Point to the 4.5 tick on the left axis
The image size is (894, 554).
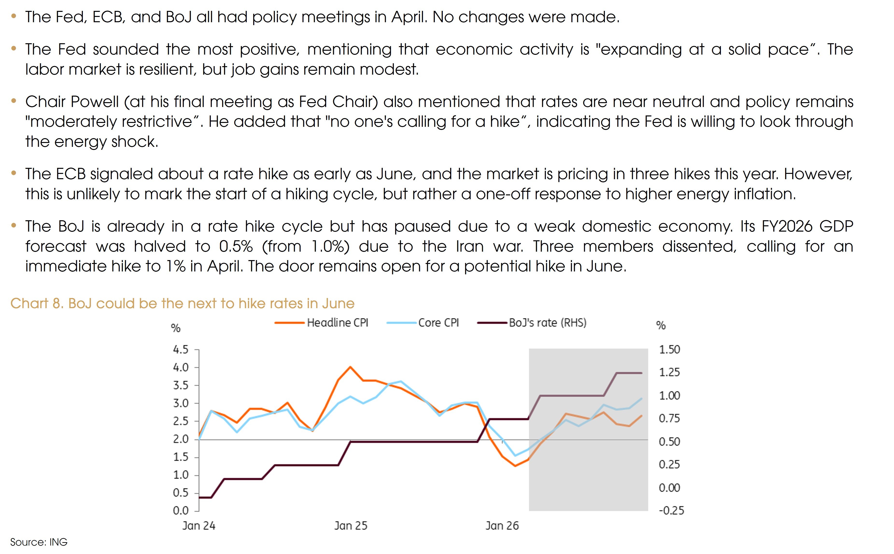pos(181,349)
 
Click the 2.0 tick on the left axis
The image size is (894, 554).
pos(181,439)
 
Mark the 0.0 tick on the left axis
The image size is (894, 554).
pos(181,510)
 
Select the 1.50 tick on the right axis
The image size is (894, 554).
pos(669,349)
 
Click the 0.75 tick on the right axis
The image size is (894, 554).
pos(669,419)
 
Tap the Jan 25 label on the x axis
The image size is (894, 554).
pos(351,526)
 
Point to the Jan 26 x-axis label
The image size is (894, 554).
pos(502,526)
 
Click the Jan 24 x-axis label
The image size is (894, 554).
pos(199,526)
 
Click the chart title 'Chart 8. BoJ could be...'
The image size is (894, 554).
pos(182,303)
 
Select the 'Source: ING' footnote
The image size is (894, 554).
pos(39,542)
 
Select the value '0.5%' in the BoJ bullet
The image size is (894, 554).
pos(236,246)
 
